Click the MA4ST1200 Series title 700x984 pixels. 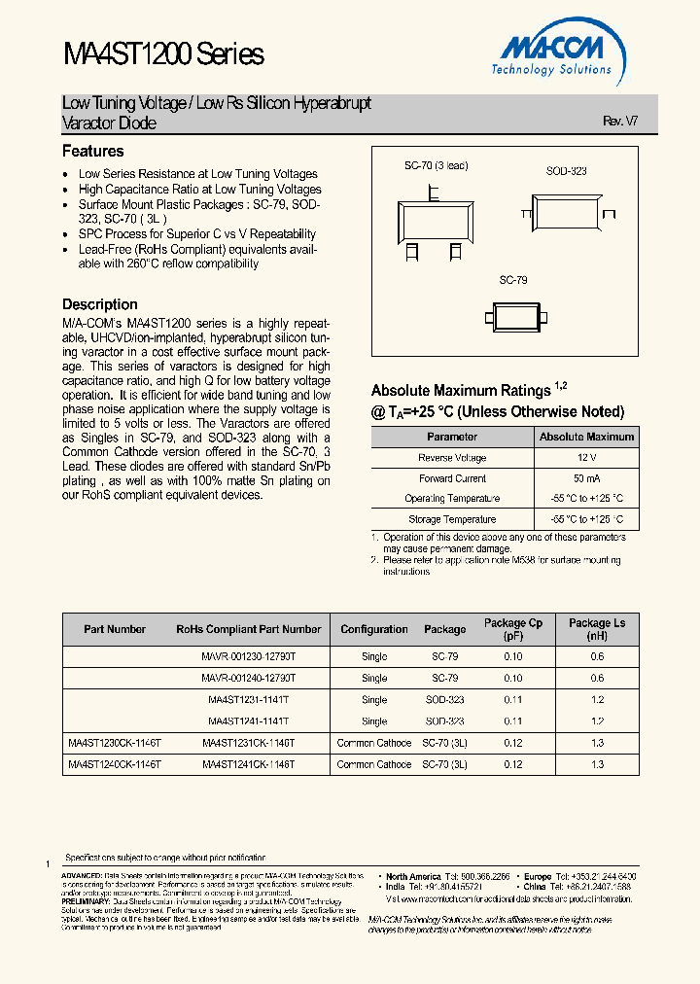point(162,53)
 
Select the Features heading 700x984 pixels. point(93,152)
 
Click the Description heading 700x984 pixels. point(100,304)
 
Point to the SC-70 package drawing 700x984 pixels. point(434,216)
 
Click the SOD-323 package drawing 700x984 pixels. point(567,210)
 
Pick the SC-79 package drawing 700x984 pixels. point(523,316)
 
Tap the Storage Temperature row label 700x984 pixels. point(452,519)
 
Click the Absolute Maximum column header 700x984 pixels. point(586,437)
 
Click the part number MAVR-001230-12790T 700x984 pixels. point(248,657)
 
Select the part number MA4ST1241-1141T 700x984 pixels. point(248,721)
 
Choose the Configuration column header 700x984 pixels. point(374,629)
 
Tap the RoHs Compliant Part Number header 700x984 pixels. point(248,629)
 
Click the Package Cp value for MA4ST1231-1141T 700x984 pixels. point(513,700)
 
